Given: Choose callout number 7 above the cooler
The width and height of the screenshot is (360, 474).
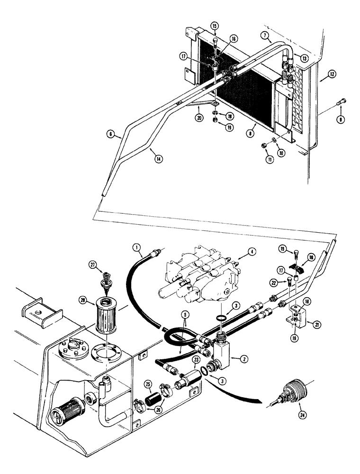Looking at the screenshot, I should [267, 36].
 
